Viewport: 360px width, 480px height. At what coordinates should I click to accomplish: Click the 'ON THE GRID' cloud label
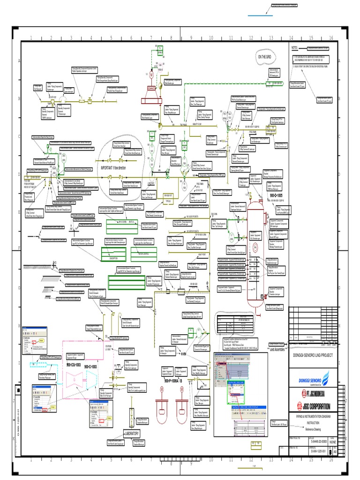264,57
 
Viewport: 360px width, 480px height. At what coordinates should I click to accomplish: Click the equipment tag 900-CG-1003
75,351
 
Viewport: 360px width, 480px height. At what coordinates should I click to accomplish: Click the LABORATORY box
131,434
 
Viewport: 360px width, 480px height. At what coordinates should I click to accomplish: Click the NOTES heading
295,48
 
